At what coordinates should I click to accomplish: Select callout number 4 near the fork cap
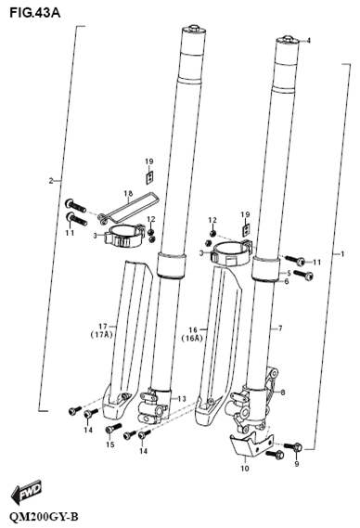(x=308, y=41)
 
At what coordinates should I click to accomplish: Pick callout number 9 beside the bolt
(x=297, y=463)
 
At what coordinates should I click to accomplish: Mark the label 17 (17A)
(x=104, y=330)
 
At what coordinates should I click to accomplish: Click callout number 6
(x=288, y=283)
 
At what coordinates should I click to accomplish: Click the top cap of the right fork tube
(x=287, y=41)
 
